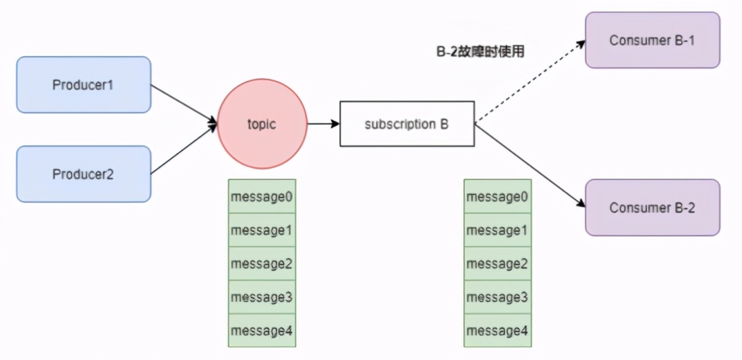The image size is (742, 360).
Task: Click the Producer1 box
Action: tap(84, 85)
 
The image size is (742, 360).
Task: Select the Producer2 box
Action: tap(84, 174)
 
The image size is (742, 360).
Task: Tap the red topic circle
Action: tap(262, 124)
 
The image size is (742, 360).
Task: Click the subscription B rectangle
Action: tap(407, 124)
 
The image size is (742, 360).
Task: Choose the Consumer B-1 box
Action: tap(652, 40)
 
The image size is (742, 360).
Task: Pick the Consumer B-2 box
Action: tap(652, 207)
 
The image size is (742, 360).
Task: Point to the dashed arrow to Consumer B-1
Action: tap(530, 82)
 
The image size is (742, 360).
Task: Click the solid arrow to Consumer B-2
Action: tap(530, 164)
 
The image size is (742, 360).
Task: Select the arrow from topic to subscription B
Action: tap(323, 124)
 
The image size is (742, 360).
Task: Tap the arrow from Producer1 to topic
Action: tap(184, 104)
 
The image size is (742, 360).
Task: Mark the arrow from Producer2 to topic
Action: tap(184, 150)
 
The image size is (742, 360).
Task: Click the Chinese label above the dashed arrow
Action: tap(480, 51)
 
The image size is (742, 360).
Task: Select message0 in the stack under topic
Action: tap(262, 196)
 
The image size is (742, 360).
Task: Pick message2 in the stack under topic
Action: tap(262, 264)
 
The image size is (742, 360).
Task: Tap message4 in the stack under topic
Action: tap(262, 330)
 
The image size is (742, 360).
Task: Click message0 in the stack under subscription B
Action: tap(497, 196)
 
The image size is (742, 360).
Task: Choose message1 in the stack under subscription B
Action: tap(497, 230)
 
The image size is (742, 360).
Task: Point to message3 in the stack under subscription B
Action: tap(497, 297)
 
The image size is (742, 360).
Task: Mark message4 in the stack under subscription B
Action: tap(497, 330)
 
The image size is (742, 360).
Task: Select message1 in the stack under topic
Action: tap(262, 230)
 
